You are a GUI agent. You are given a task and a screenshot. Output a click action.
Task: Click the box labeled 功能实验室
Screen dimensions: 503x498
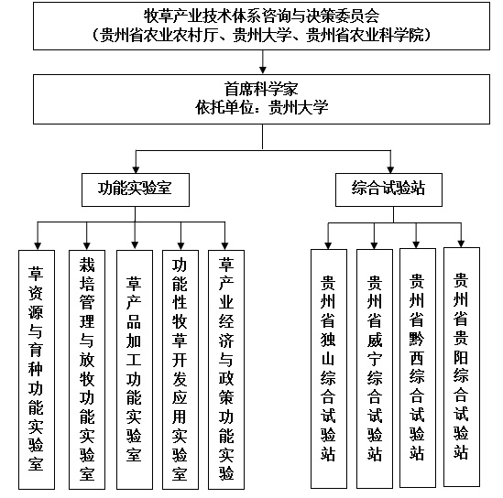[x=136, y=189]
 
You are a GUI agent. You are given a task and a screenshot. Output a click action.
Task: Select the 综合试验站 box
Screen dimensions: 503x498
[x=388, y=189]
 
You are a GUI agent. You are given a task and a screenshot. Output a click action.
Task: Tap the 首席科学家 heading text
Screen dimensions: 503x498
[x=261, y=89]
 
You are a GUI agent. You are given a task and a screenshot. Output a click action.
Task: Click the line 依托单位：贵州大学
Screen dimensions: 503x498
[x=262, y=107]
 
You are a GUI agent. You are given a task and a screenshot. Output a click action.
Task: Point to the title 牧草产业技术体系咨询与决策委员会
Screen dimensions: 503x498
[x=261, y=16]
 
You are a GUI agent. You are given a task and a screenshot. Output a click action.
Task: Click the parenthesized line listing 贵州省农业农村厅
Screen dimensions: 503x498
[x=261, y=35]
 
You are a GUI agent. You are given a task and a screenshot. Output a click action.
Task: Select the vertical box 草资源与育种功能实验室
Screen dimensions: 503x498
[x=37, y=370]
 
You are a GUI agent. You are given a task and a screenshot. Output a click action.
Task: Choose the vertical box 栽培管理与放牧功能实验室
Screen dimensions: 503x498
[x=87, y=370]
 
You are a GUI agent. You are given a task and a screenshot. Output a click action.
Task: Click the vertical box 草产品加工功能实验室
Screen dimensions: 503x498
[x=135, y=370]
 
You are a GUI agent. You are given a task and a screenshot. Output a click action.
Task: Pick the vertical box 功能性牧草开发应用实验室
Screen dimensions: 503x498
[x=180, y=370]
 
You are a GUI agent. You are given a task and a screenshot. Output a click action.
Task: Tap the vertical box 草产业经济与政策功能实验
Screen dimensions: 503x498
[x=226, y=370]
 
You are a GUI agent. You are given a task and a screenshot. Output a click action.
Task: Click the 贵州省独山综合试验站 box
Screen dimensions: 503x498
[x=329, y=369]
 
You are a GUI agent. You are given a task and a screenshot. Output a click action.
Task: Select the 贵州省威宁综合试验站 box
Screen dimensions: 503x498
[x=375, y=369]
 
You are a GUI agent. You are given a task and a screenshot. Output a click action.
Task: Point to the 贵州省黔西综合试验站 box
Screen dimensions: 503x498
[x=418, y=368]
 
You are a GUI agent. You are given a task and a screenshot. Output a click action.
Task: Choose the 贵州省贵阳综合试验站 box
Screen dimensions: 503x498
[x=462, y=367]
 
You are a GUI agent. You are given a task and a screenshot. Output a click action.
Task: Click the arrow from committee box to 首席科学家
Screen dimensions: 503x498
[x=263, y=62]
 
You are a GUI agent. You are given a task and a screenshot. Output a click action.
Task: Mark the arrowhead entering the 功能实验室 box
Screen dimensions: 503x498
[x=136, y=169]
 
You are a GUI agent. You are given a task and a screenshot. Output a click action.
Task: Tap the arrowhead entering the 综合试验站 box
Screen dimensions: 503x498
[x=390, y=169]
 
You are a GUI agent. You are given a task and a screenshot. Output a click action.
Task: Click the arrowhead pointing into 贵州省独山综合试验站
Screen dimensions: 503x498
[x=328, y=245]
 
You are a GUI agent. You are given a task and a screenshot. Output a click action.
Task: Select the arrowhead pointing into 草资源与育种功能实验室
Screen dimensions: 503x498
[x=38, y=246]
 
